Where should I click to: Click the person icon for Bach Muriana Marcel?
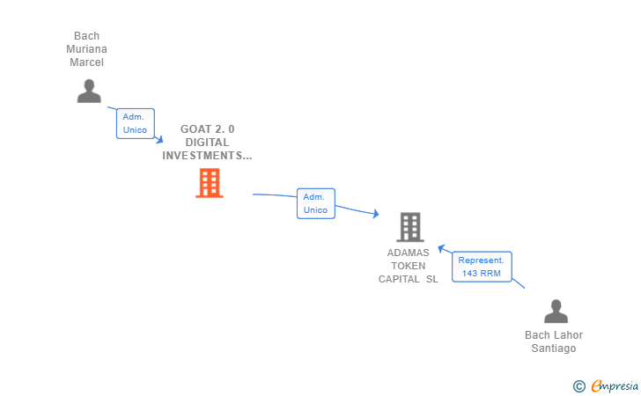click(x=89, y=91)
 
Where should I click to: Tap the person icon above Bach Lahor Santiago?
click(x=556, y=312)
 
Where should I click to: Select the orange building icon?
click(x=209, y=183)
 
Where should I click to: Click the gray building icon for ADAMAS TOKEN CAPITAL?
click(x=409, y=227)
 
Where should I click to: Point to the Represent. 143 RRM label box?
click(x=482, y=267)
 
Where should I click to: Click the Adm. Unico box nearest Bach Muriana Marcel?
click(x=135, y=123)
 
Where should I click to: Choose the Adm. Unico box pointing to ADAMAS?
click(x=315, y=203)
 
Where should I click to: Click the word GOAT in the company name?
click(x=196, y=129)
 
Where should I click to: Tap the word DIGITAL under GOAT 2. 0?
click(x=208, y=143)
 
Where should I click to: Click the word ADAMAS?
click(x=409, y=253)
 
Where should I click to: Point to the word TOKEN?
click(x=409, y=266)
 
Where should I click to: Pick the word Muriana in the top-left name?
click(x=86, y=49)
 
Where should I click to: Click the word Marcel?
click(x=86, y=62)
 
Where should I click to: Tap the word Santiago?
click(x=553, y=348)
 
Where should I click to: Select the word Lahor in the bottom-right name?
click(x=567, y=335)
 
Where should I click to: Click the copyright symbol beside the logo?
click(x=578, y=385)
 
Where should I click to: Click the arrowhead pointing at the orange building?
click(x=159, y=139)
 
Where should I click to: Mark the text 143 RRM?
click(x=482, y=274)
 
